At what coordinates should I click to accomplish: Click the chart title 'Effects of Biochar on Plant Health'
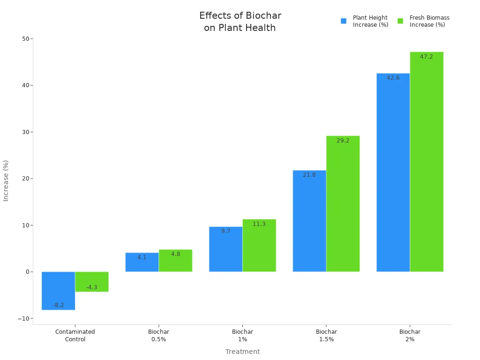pos(240,22)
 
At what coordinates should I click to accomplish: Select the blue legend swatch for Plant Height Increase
pos(344,21)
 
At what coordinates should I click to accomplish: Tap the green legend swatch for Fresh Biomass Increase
pos(400,21)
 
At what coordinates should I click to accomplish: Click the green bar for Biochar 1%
pos(259,246)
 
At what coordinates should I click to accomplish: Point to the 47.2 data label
pos(427,57)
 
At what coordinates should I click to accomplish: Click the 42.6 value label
pos(393,78)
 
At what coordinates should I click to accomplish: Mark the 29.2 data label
pos(343,141)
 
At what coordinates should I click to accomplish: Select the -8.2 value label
pos(58,305)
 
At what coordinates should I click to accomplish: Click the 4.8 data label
pos(175,254)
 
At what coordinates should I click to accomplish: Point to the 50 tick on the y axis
pos(25,38)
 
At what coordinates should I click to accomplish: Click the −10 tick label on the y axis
pos(23,318)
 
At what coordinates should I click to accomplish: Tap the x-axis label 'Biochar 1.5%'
pos(326,335)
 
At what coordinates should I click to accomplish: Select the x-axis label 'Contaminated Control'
pos(75,335)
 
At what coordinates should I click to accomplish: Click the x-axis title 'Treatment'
pos(242,352)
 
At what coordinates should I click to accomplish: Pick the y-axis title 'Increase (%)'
pos(6,180)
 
